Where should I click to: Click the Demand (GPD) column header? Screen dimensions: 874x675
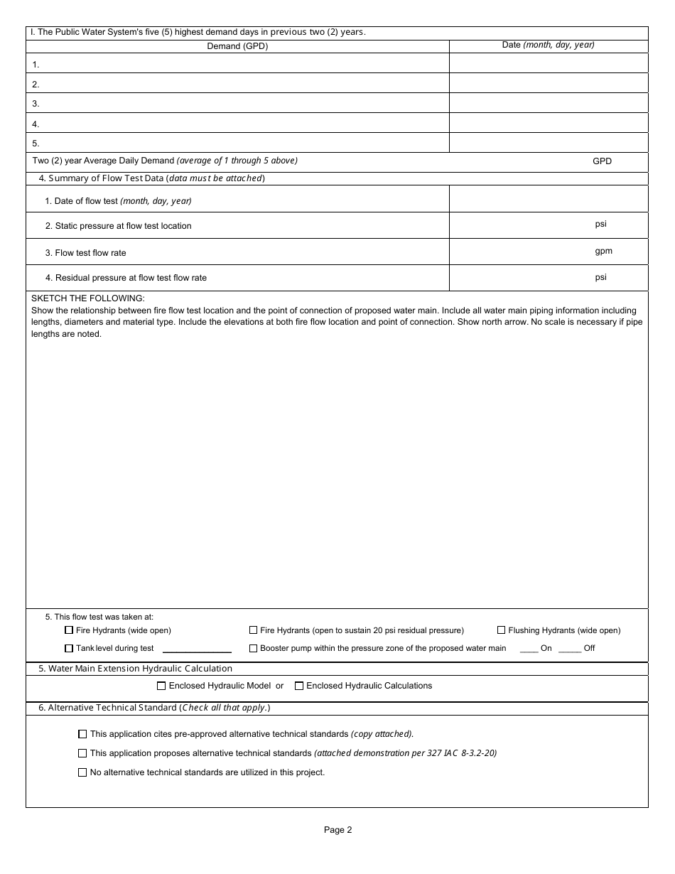tap(237, 46)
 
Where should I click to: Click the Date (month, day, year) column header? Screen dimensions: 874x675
tap(548, 45)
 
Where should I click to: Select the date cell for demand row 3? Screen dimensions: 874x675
tap(549, 103)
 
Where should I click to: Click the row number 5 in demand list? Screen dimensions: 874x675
tap(36, 143)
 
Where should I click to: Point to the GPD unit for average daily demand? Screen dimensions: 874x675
tap(602, 161)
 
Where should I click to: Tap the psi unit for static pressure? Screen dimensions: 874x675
tap(600, 224)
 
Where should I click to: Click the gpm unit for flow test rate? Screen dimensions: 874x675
tap(603, 251)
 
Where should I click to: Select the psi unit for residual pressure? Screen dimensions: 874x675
tap(600, 277)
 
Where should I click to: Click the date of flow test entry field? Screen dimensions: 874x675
tap(549, 199)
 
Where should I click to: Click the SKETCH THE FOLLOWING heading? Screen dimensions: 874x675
tap(88, 298)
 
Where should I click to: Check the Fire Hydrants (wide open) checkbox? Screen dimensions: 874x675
tap(69, 630)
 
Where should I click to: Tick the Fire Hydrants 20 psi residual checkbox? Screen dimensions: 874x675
tap(254, 630)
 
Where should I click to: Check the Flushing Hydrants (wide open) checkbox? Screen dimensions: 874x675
tap(502, 630)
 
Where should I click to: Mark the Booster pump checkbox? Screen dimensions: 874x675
tap(254, 648)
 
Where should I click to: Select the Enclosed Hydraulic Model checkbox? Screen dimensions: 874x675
tap(161, 686)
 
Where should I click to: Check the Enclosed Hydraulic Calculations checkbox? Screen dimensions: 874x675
tap(299, 686)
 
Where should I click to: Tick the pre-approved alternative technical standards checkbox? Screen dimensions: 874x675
tap(82, 734)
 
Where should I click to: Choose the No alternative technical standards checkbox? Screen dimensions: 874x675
tap(82, 772)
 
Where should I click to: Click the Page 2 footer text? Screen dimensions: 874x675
tap(337, 830)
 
